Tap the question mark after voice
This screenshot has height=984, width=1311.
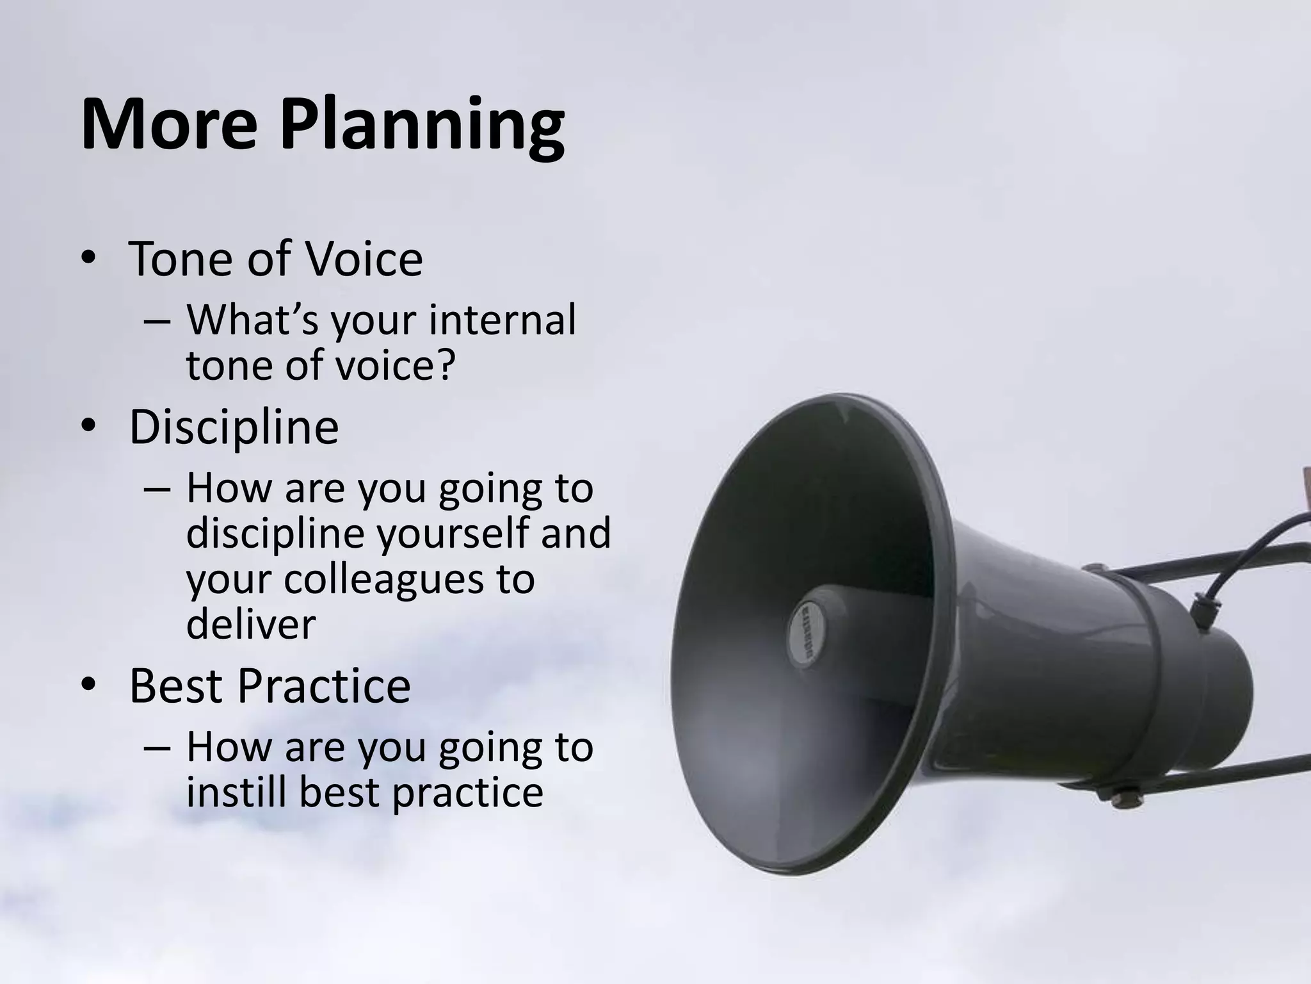coord(444,365)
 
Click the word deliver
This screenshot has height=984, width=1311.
coord(251,624)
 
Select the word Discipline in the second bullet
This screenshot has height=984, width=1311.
coord(234,427)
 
